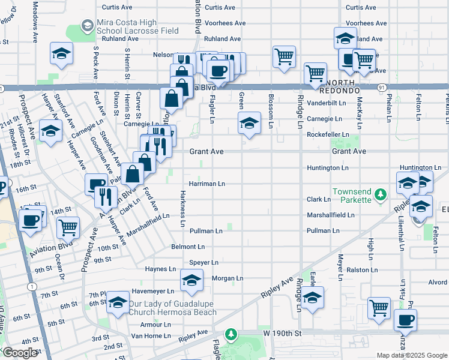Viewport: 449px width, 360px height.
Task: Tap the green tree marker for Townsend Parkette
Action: coord(380,194)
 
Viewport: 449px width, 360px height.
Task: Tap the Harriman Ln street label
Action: coord(206,184)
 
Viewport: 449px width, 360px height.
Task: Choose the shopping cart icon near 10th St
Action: coord(68,228)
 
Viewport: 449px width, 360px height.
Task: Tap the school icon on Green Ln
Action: coord(249,124)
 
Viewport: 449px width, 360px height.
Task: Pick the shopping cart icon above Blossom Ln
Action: coord(284,57)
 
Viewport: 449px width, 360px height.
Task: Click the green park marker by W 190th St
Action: coord(229,334)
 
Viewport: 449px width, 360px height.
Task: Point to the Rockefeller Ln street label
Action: coord(327,134)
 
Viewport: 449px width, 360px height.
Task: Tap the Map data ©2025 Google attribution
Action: coord(411,355)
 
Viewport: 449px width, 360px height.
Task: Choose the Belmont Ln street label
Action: coord(188,247)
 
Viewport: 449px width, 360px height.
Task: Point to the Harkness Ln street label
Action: coord(182,209)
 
